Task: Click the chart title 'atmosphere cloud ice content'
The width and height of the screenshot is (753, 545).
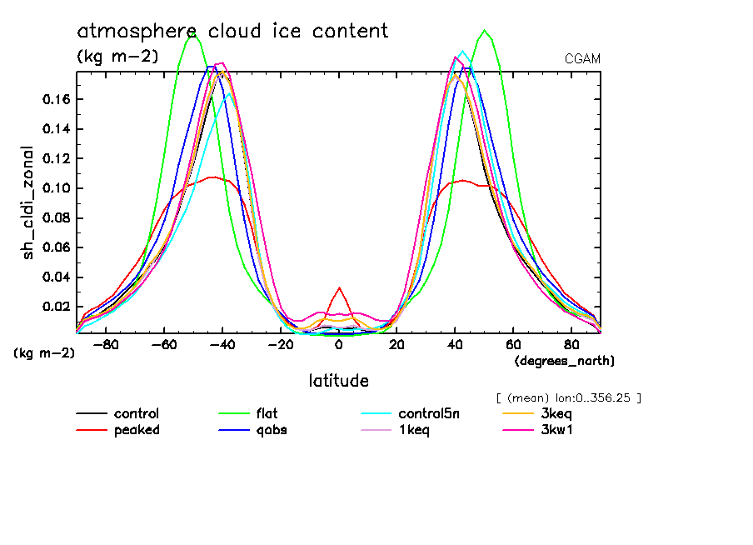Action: (232, 32)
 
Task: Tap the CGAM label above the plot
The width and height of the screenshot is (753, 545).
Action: (582, 59)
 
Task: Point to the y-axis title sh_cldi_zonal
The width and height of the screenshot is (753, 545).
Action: (29, 202)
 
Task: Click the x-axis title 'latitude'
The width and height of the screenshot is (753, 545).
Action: (338, 381)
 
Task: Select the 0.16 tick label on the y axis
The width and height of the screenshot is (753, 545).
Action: (56, 99)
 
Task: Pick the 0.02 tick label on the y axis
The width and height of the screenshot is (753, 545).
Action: (56, 307)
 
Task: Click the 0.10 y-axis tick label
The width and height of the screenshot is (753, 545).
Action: (56, 188)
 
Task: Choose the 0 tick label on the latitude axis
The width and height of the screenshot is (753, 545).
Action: (338, 343)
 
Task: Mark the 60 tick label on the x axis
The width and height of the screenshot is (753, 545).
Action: (513, 343)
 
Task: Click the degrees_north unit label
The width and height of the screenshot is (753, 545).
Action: (565, 360)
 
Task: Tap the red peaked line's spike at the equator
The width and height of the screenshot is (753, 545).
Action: (338, 288)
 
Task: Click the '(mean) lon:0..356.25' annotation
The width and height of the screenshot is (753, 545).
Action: (568, 397)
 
